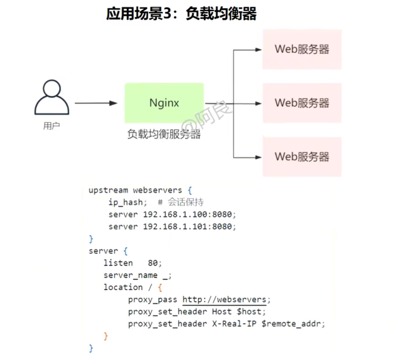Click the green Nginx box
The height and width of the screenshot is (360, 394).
[164, 103]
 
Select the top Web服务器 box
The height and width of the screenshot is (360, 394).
[302, 49]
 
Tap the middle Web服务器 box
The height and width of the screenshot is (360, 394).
[302, 103]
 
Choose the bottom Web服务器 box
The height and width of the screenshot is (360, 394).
[302, 157]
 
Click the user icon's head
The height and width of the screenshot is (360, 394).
[52, 89]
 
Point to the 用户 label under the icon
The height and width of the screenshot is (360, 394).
[51, 126]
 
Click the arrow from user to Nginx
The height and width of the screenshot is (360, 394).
[96, 103]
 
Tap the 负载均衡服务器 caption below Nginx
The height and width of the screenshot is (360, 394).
[164, 134]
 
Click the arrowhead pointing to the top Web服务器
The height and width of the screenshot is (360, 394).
[258, 50]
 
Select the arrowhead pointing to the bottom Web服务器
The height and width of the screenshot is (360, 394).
[258, 157]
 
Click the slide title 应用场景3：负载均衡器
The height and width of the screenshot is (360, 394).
[181, 13]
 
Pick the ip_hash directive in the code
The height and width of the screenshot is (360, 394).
[126, 203]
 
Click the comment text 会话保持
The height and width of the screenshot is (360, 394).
[186, 202]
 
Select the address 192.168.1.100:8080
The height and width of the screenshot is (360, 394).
[187, 214]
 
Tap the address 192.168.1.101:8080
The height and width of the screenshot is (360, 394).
[187, 227]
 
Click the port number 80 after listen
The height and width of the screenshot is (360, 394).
[153, 263]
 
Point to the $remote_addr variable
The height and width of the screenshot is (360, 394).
[291, 324]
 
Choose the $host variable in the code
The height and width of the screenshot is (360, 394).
[249, 312]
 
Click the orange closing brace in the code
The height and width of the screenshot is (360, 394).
[106, 336]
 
